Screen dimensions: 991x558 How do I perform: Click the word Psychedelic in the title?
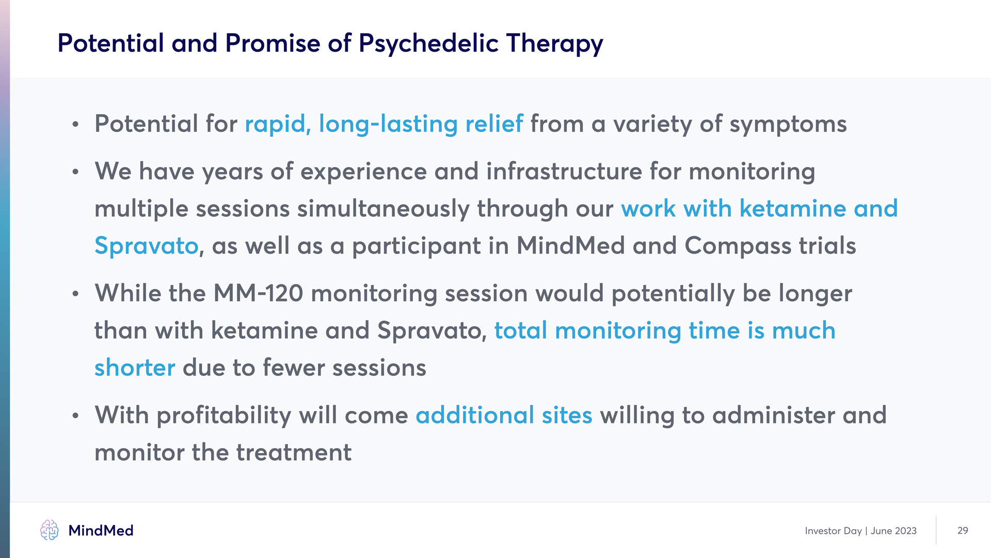(x=428, y=43)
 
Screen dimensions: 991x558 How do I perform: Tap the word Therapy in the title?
(x=554, y=43)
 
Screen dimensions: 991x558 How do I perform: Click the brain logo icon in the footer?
(x=50, y=530)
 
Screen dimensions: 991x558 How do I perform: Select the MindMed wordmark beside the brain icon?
(x=101, y=531)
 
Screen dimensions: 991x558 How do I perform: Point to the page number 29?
(x=963, y=531)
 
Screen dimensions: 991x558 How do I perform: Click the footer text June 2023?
(x=893, y=531)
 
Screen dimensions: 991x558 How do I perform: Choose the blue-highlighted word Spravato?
(x=147, y=246)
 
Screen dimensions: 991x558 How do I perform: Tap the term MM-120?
(x=258, y=293)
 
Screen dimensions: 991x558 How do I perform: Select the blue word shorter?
(x=135, y=368)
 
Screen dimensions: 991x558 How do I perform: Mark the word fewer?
(x=294, y=368)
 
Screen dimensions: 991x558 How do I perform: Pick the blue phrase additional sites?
(x=504, y=415)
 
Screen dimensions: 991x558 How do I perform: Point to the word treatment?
(x=294, y=453)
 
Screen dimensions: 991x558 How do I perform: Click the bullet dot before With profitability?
(x=76, y=416)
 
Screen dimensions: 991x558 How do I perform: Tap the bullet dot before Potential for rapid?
(x=76, y=125)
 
